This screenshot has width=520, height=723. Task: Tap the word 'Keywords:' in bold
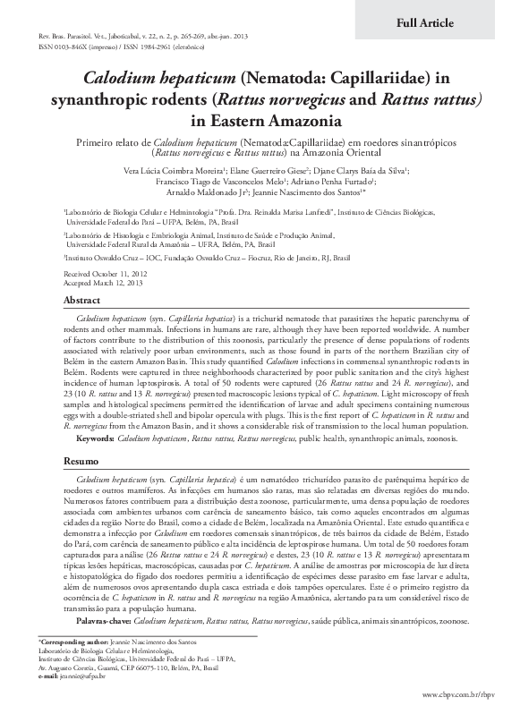point(95,439)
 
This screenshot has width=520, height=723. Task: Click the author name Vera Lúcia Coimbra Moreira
point(181,168)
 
